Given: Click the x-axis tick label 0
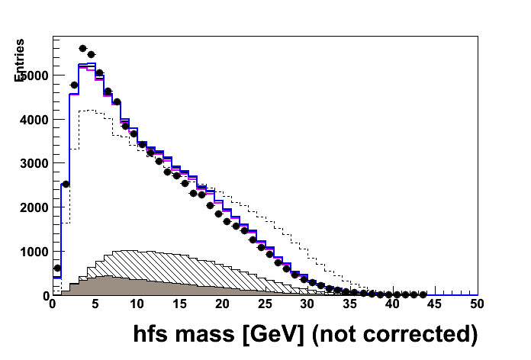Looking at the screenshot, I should [x=52, y=304].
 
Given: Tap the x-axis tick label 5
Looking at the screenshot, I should [x=95, y=304].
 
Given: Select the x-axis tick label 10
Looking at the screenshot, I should [x=137, y=304].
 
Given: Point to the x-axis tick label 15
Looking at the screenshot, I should [x=179, y=304].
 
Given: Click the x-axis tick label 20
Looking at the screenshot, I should [x=222, y=304].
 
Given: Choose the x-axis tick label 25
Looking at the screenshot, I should [x=265, y=304].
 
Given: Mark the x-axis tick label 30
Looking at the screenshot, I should [x=307, y=304].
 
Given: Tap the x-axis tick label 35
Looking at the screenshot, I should [x=350, y=304].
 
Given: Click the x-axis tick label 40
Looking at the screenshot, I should [x=392, y=304].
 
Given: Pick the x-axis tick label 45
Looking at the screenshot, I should [x=435, y=304].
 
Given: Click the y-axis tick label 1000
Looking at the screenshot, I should [x=34, y=252].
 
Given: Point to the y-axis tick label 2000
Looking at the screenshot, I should [x=34, y=207].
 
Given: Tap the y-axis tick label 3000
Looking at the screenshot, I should [x=34, y=163].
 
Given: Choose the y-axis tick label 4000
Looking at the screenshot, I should [x=34, y=120].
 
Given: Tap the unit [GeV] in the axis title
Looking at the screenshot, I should [x=269, y=334].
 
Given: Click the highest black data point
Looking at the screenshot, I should [x=83, y=48].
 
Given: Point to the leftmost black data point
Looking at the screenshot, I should [x=57, y=268].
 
